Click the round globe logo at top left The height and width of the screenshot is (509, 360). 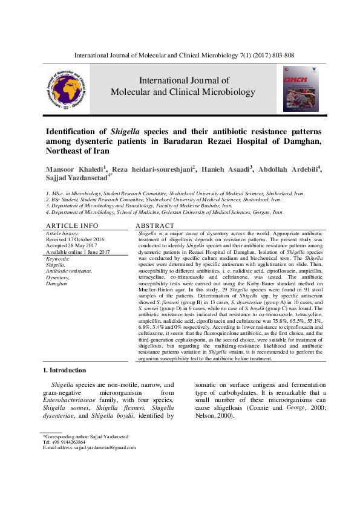tap(68, 88)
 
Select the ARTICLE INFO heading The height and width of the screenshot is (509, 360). tap(72, 225)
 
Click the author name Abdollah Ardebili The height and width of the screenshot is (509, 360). tap(289, 168)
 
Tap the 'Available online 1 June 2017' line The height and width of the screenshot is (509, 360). tap(78, 252)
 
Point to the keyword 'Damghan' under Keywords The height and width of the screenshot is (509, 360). tap(57, 283)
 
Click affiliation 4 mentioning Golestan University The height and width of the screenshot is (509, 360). tap(165, 213)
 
